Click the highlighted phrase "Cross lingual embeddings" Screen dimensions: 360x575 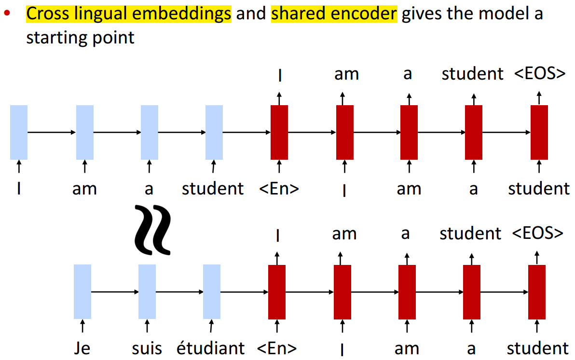pos(129,14)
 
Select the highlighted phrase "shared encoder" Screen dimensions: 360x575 pos(334,14)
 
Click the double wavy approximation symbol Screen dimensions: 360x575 pos(152,230)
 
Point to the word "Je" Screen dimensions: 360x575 pos(82,348)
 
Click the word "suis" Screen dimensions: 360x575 pos(147,348)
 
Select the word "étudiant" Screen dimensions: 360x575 pos(211,348)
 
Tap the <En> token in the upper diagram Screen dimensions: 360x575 pos(279,189)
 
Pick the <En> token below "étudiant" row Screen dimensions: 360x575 pos(277,348)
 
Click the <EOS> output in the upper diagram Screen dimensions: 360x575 pos(539,74)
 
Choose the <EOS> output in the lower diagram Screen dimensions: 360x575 pos(537,233)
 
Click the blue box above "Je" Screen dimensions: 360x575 pos(82,291)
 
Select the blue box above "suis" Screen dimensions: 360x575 pos(147,291)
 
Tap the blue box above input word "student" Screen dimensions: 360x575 pos(214,132)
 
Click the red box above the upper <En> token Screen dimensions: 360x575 pos(279,132)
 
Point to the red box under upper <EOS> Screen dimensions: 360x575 pos(539,132)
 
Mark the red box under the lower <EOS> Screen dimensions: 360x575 pos(537,291)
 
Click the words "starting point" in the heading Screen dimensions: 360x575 pos(80,38)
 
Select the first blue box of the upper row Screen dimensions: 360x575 pos(18,132)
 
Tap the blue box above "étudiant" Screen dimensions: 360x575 pos(212,291)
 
